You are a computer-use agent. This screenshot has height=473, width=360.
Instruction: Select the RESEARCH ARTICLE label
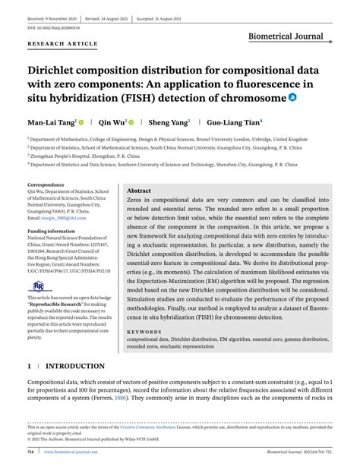[62, 44]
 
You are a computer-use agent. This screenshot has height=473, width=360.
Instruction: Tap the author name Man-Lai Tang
[50, 121]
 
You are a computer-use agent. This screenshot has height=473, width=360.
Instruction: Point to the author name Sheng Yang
[168, 121]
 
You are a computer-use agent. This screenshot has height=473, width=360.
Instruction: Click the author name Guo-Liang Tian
[235, 121]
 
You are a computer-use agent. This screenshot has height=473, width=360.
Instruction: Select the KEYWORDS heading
[144, 332]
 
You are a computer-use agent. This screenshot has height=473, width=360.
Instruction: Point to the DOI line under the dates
[55, 27]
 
